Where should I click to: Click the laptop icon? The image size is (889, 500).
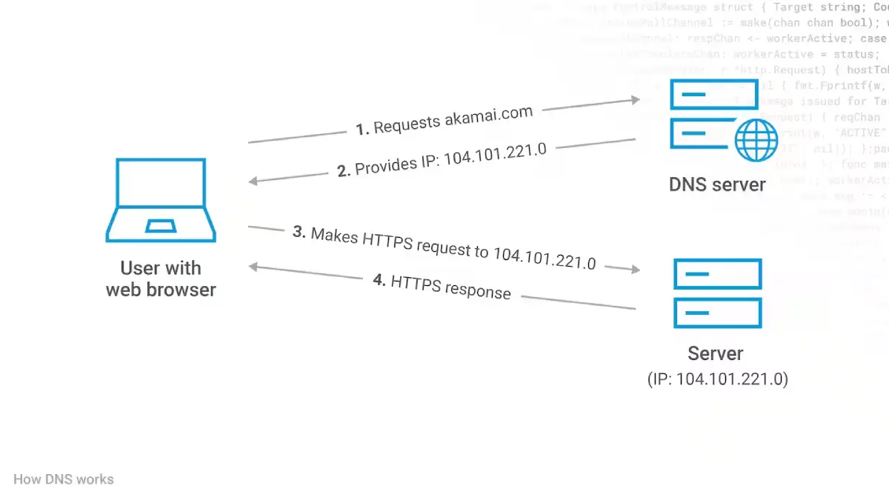coord(161,200)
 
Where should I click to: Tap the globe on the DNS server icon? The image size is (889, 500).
coord(756,139)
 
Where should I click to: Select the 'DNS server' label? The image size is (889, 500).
coord(717,184)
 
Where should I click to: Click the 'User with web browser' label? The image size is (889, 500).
coord(161,279)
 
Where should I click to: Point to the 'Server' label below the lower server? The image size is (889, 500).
coord(715,353)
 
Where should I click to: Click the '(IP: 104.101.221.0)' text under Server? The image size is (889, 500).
coord(717,379)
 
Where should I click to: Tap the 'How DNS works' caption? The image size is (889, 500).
coord(64,479)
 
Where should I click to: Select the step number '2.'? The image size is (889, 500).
coord(344,171)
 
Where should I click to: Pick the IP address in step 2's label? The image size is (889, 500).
coord(495,154)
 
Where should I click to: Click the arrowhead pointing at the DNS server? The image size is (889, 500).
coord(635,99)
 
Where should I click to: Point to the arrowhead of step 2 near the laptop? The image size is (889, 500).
coord(253,181)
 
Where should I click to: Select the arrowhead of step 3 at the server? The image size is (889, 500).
coord(635,270)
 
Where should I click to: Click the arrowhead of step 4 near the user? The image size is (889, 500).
coord(253,267)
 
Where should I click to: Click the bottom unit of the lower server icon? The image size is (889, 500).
coord(717,313)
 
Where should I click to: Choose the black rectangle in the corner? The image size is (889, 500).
coord(836,472)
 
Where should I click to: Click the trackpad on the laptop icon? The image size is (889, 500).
coord(161,226)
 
